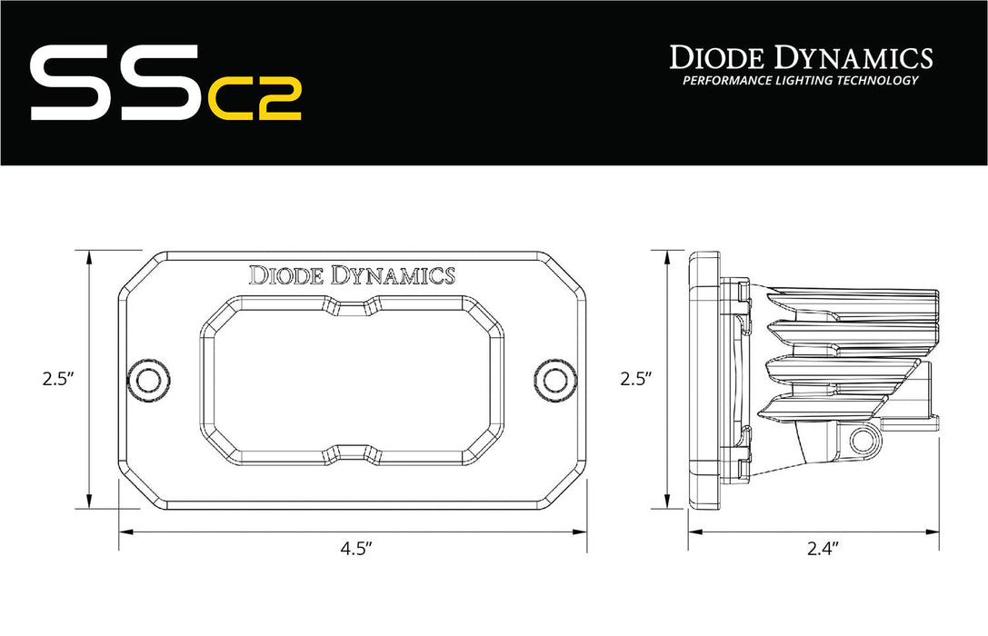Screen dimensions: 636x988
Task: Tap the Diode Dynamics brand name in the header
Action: [x=801, y=57]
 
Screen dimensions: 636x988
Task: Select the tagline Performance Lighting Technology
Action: [x=801, y=81]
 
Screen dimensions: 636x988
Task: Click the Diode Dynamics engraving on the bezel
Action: [x=352, y=274]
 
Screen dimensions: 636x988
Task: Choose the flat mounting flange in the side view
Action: [x=704, y=380]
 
